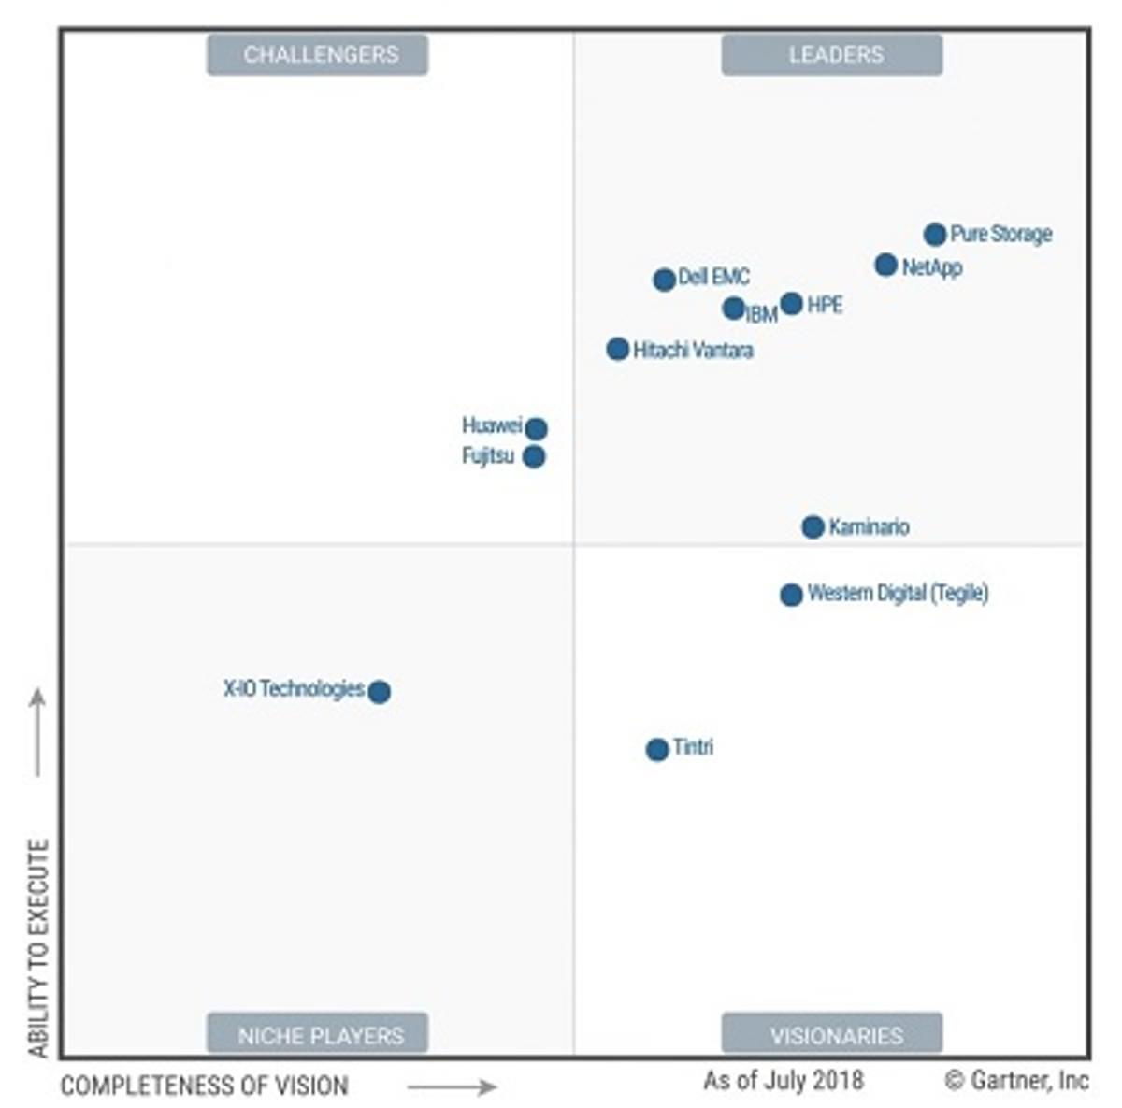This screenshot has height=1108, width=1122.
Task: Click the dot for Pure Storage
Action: pos(934,234)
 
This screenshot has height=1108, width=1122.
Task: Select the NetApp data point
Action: pos(885,265)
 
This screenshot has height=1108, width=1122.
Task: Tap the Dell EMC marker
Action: pos(664,279)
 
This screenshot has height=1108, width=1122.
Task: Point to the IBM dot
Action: pos(733,308)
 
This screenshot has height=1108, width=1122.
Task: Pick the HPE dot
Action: pos(791,303)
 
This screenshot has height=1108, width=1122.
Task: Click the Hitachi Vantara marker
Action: pos(617,349)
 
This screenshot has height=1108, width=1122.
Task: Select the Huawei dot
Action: pos(536,428)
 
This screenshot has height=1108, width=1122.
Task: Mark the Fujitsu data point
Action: pos(534,456)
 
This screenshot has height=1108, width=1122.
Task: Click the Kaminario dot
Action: pos(813,526)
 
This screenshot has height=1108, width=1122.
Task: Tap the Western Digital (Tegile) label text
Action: pos(898,593)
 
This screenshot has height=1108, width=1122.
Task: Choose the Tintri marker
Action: pos(657,749)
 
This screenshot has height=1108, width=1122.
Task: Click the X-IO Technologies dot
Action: pos(379,692)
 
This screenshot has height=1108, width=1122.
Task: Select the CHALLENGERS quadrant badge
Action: pos(318,54)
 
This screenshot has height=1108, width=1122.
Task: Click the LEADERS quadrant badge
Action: pos(832,54)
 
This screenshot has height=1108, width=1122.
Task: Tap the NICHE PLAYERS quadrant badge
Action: pos(318,1034)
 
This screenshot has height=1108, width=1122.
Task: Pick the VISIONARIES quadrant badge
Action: pos(832,1034)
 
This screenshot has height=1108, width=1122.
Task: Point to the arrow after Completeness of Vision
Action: pos(452,1086)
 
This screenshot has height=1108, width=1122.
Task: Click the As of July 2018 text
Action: pos(784,1081)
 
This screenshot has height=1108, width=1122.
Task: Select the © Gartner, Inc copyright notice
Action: pos(1016,1081)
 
